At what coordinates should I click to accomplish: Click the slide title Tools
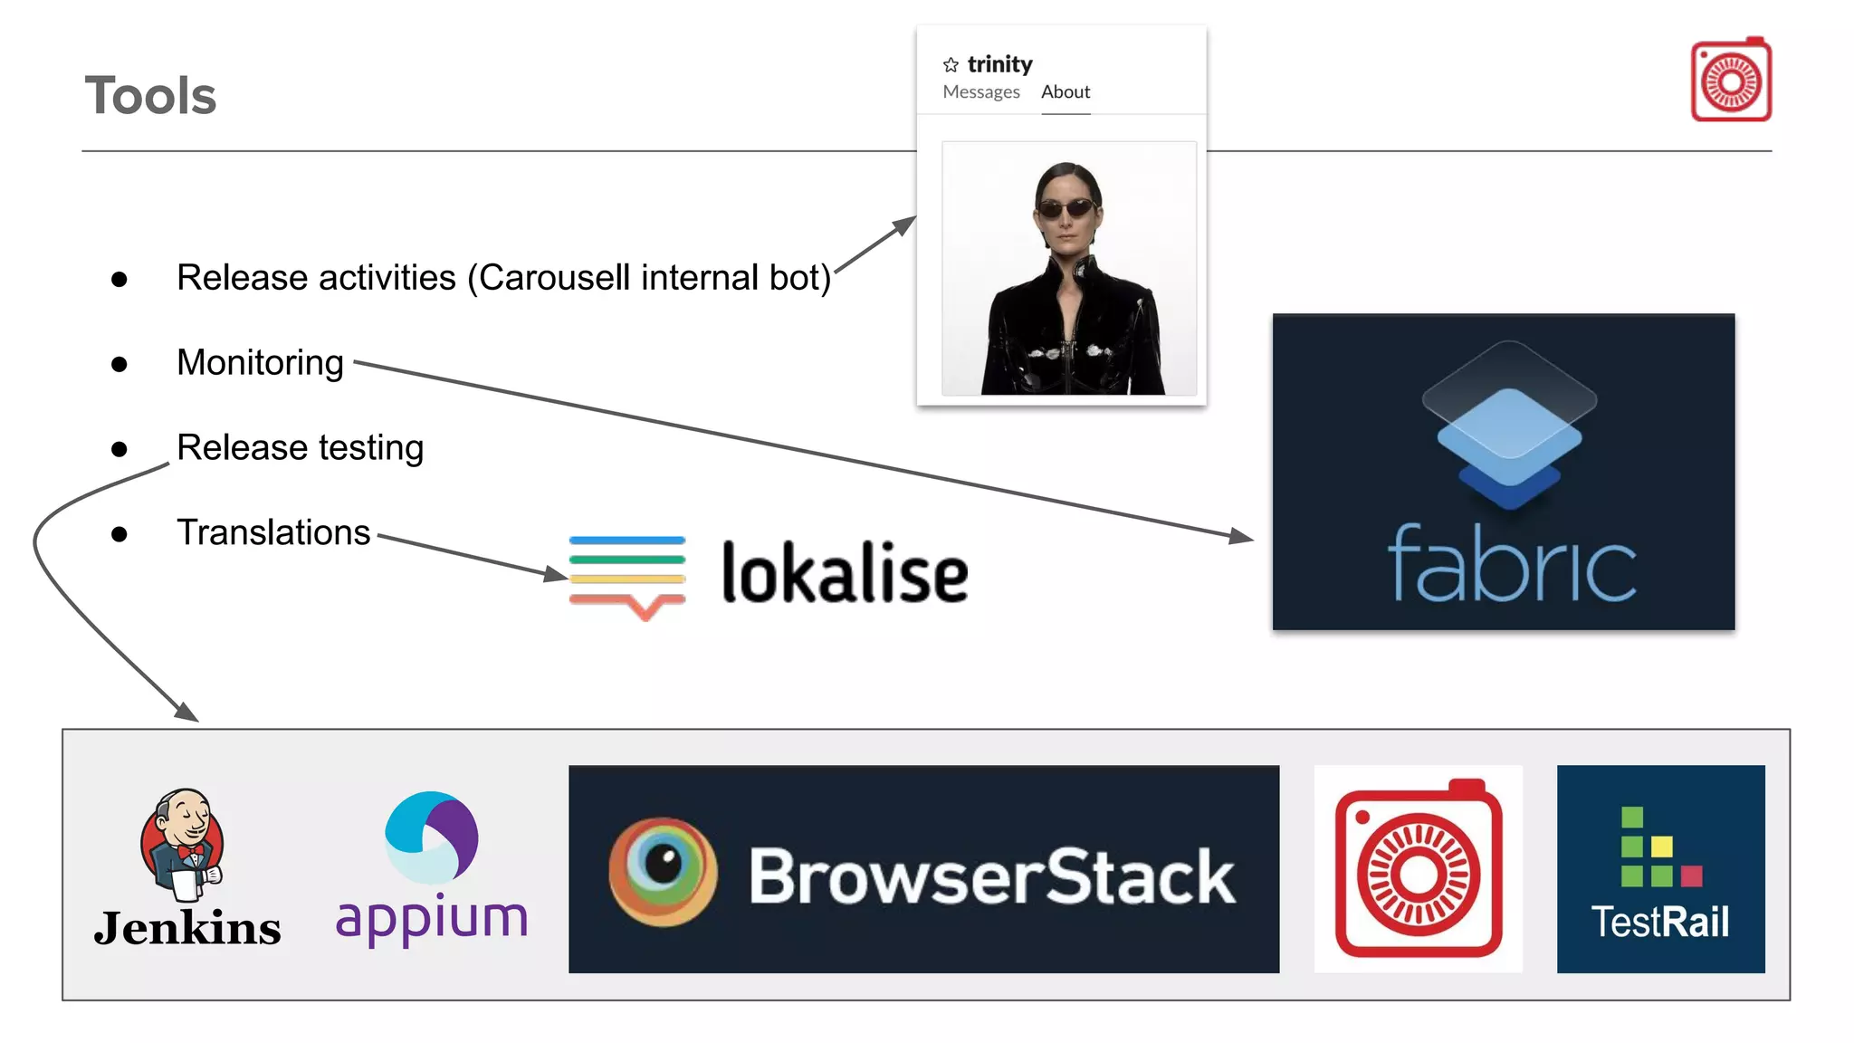[150, 96]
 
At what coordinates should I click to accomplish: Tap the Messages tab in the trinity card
[980, 92]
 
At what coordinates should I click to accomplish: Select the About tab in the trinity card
[1065, 92]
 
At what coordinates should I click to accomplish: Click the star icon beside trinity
[951, 65]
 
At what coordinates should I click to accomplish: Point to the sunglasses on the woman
[1067, 209]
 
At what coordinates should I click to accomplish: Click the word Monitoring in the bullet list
[260, 363]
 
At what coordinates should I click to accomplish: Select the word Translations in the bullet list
[273, 532]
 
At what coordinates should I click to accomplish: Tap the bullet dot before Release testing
[119, 449]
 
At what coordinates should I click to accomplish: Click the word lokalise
[844, 573]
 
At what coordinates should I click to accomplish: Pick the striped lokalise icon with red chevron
[627, 576]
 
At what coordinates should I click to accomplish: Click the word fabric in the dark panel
[1511, 565]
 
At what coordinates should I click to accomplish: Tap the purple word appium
[432, 918]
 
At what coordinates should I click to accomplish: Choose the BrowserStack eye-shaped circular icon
[663, 871]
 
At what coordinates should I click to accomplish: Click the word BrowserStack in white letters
[991, 876]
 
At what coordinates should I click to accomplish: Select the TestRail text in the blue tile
[1659, 923]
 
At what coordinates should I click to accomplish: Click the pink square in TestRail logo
[1691, 876]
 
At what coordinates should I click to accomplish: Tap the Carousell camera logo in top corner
[1730, 81]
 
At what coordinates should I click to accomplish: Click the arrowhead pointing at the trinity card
[905, 224]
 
